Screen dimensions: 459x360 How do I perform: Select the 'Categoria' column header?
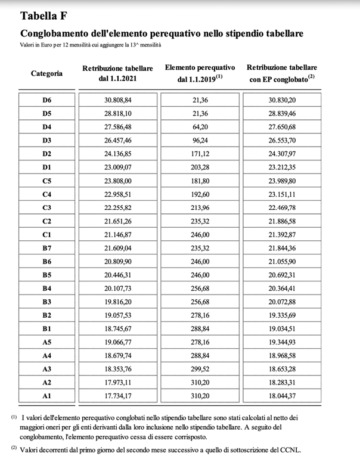pyautogui.click(x=46, y=73)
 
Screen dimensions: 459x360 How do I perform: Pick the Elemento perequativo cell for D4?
pyautogui.click(x=200, y=127)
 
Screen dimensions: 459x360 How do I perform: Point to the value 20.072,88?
pyautogui.click(x=283, y=302)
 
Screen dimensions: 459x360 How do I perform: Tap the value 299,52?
pyautogui.click(x=200, y=369)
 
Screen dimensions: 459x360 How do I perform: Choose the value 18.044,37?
pyautogui.click(x=283, y=396)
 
